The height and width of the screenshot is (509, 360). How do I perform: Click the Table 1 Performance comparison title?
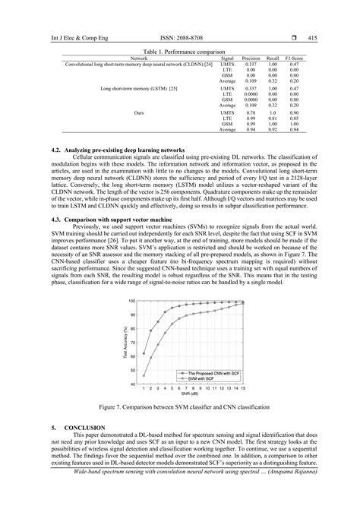tap(179, 51)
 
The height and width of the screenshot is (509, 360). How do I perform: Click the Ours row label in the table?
tap(139, 112)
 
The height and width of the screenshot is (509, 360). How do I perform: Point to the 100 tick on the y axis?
tap(134, 302)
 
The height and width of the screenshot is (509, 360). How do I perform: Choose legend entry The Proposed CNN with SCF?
tap(206, 373)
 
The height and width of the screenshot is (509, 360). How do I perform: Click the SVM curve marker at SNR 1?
tap(144, 375)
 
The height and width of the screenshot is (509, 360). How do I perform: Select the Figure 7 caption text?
tap(179, 408)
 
